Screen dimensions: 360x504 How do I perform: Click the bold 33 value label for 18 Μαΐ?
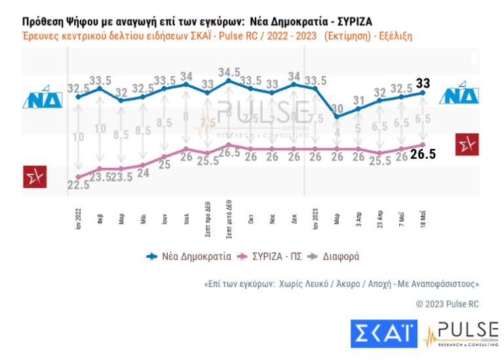click(423, 83)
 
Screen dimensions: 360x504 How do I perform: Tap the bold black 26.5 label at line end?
click(423, 155)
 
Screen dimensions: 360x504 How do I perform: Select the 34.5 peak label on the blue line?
click(229, 71)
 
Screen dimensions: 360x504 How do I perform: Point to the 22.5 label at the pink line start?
click(78, 186)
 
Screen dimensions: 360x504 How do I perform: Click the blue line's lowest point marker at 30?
click(337, 117)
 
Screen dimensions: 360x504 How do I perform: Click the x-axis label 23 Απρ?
click(380, 215)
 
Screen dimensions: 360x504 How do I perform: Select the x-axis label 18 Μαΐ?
click(423, 215)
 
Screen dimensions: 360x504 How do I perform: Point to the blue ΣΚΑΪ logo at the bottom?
click(384, 334)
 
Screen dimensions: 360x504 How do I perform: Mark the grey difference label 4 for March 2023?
click(337, 132)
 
